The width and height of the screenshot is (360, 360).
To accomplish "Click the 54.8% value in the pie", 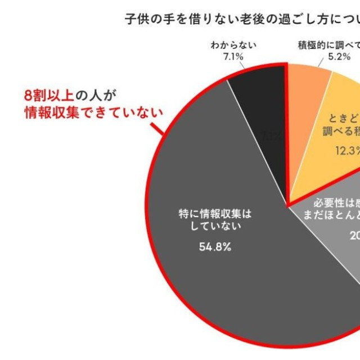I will [x=215, y=246].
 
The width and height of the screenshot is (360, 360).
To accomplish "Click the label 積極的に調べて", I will [x=329, y=45].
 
